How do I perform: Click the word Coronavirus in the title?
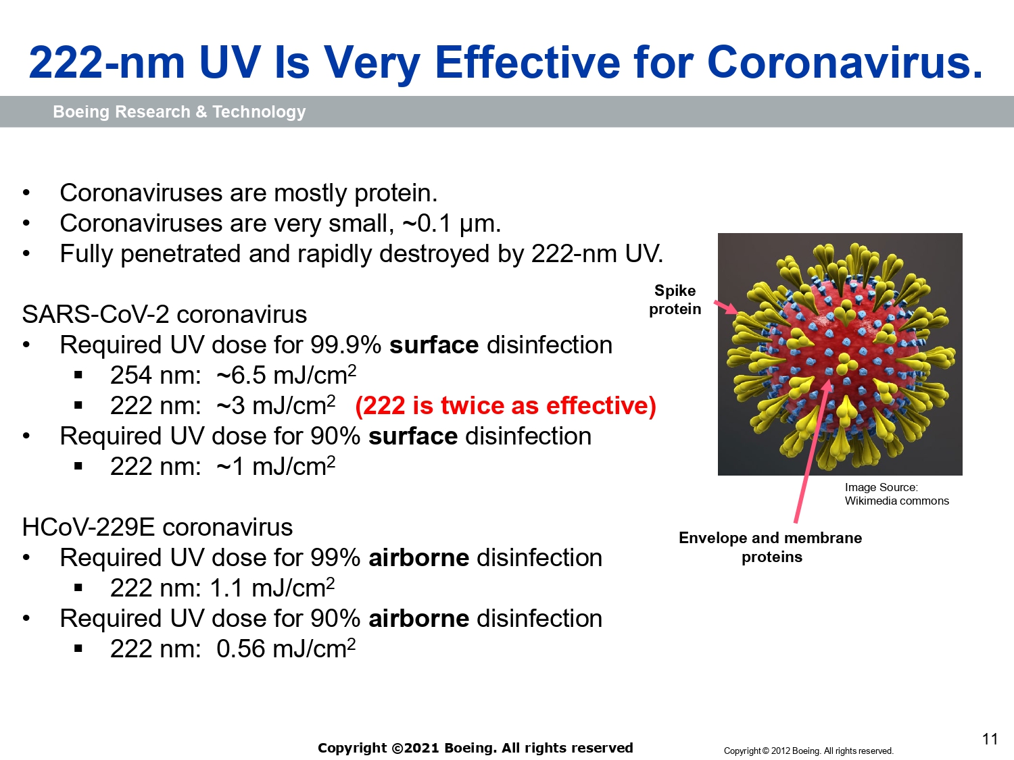point(844,63)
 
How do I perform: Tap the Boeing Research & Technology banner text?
point(179,111)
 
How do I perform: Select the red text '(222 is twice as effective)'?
point(506,406)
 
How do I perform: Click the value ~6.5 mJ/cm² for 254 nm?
point(287,375)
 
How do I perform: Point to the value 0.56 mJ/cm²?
point(286,649)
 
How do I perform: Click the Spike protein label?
point(675,300)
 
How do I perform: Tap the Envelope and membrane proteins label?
point(771,547)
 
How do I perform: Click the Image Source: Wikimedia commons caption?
point(896,495)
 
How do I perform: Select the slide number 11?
point(990,739)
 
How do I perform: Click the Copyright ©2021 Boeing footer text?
point(475,748)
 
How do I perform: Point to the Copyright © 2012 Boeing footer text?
point(808,751)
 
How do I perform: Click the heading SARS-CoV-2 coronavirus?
point(164,315)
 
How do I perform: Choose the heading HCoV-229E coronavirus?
point(157,527)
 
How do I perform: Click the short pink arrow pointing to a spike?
point(726,307)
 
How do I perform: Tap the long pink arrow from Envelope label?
point(813,452)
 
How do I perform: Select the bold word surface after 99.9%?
point(434,345)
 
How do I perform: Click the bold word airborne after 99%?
point(418,557)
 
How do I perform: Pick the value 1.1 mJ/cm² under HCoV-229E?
point(272,588)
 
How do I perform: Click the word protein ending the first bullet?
point(395,194)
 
